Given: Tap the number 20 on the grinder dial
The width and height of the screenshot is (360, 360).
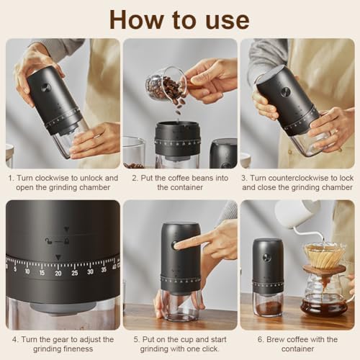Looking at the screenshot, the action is [x=58, y=273].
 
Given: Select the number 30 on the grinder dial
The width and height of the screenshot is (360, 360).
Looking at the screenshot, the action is [x=90, y=271].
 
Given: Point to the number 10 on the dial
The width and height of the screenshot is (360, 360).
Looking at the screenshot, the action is [x=27, y=271].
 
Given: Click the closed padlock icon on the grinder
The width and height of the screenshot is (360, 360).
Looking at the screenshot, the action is [x=66, y=240].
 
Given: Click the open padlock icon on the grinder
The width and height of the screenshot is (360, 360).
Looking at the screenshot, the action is [x=48, y=240].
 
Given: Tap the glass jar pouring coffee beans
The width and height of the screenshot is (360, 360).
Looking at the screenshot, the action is [x=166, y=84].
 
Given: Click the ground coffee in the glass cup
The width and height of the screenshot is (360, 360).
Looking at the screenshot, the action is [x=268, y=308].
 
